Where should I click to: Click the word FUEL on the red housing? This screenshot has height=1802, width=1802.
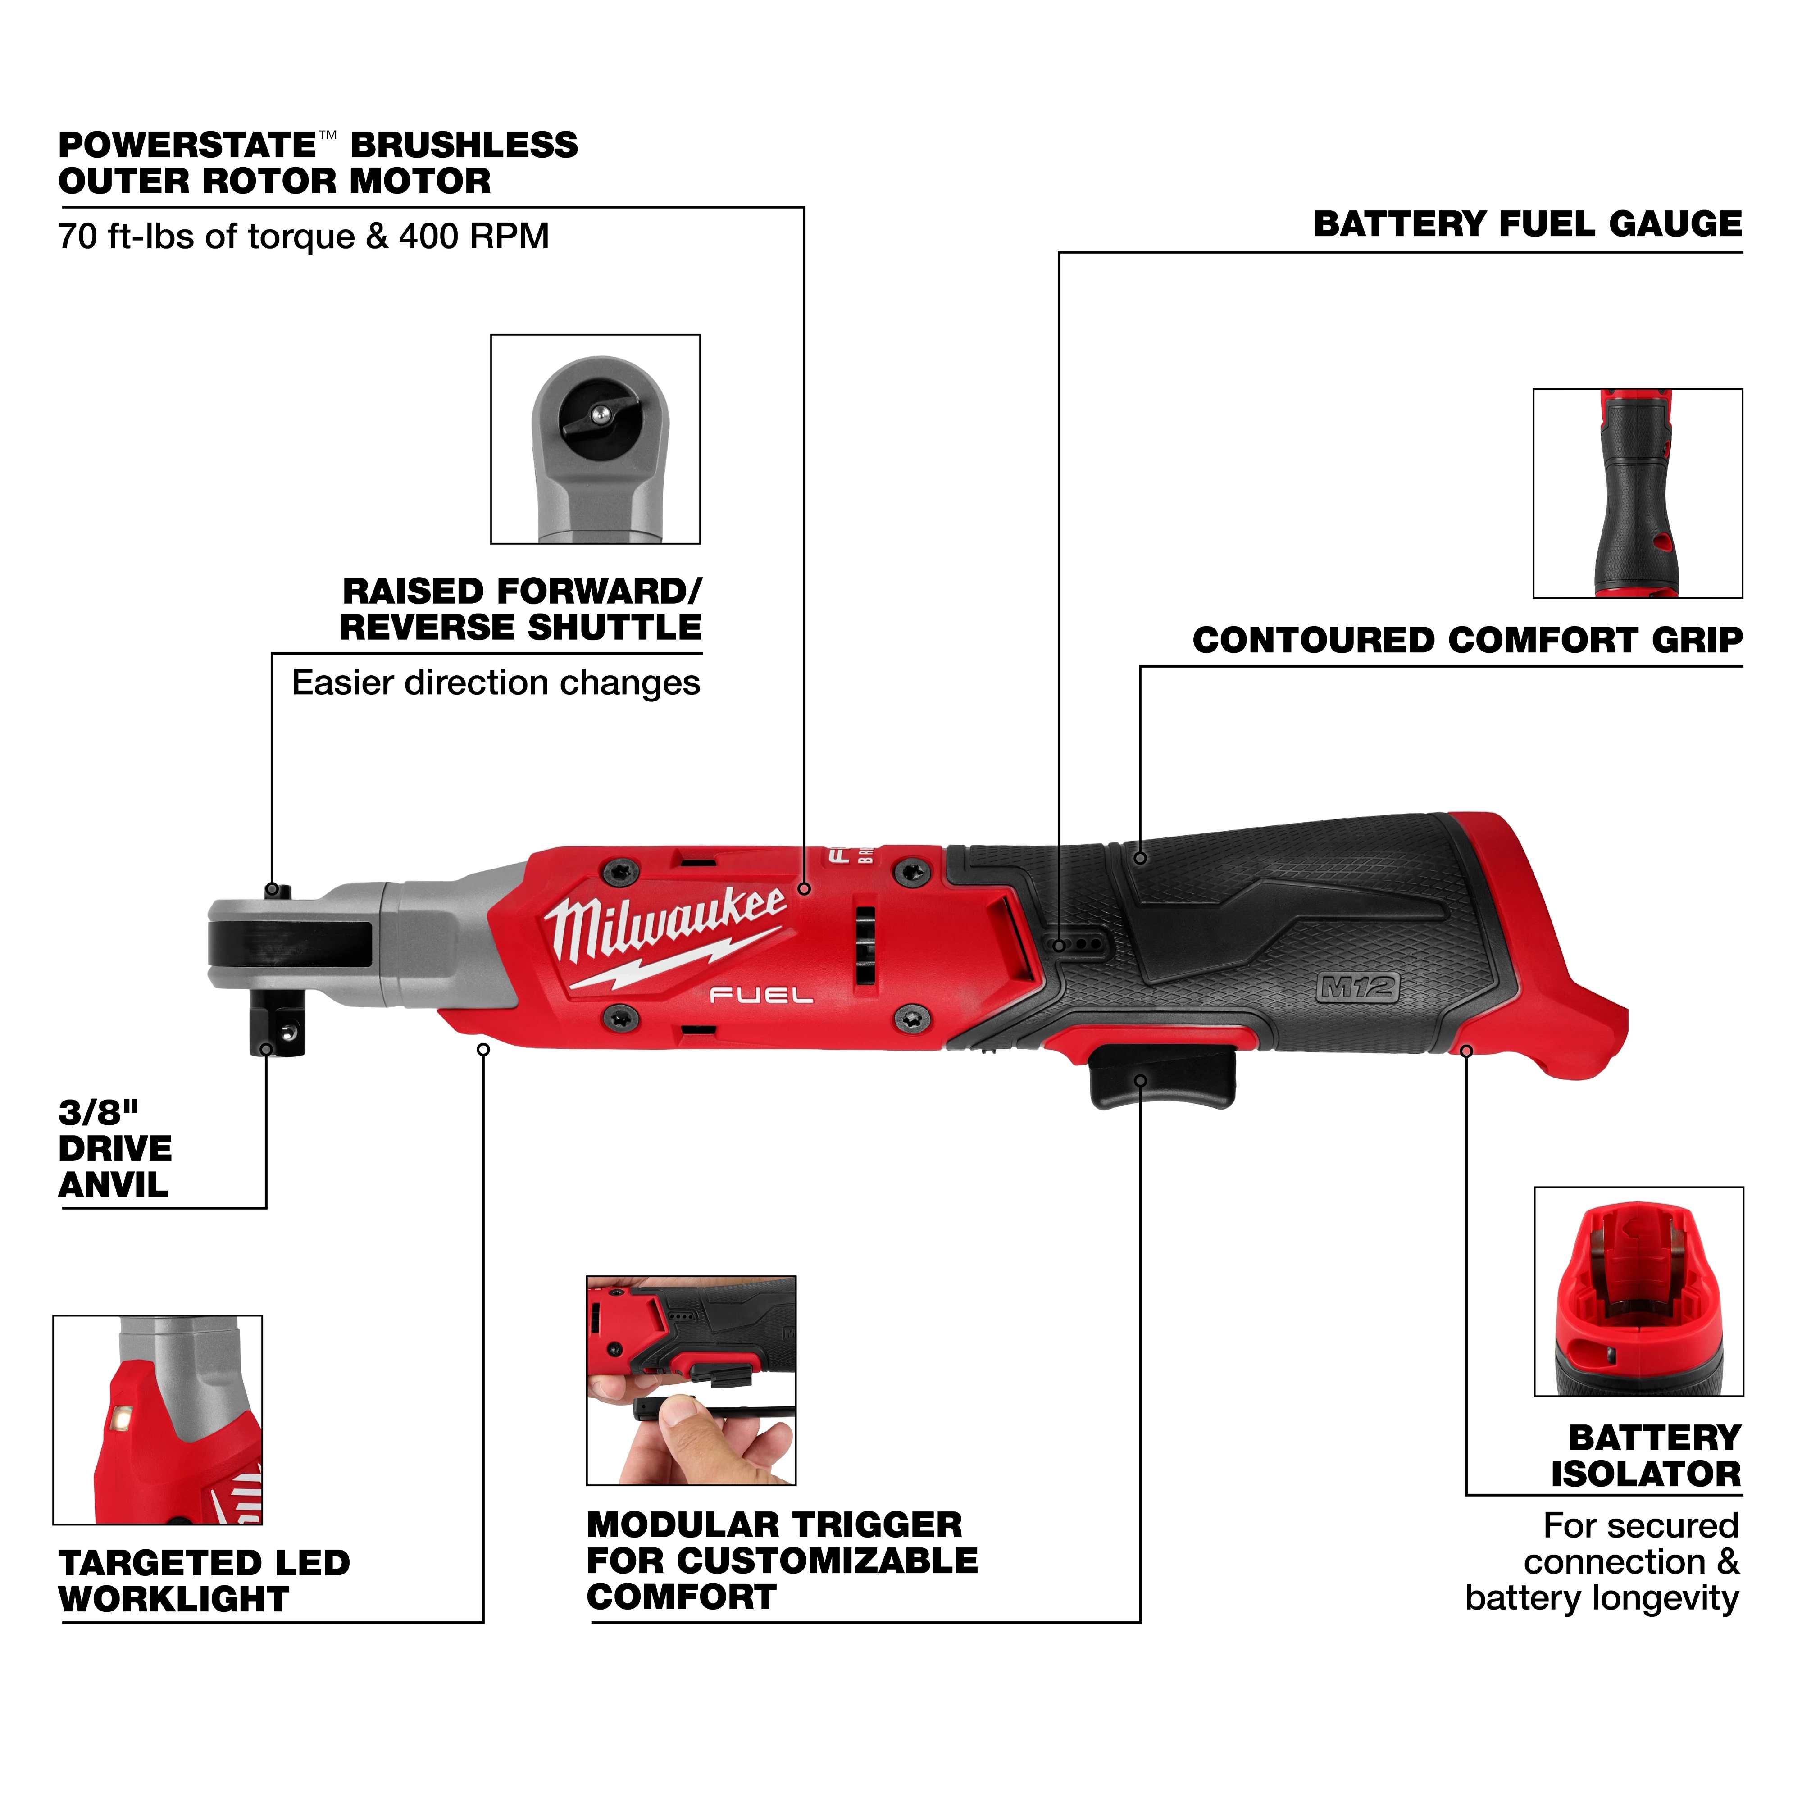pos(761,996)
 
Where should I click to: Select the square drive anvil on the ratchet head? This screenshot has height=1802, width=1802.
pos(277,1028)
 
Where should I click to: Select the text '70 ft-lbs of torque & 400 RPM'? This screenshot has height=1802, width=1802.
pos(303,237)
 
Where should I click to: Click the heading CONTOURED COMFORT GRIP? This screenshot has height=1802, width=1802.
pos(1467,641)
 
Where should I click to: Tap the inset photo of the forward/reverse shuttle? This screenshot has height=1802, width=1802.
pos(595,439)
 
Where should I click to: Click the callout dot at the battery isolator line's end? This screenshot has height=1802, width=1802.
pos(1466,1051)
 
